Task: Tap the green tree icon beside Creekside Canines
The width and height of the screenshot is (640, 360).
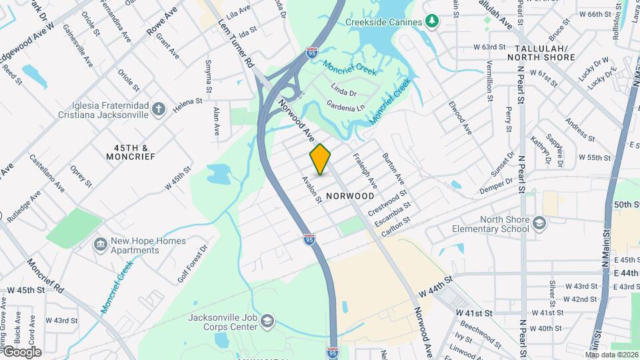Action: [x=433, y=21]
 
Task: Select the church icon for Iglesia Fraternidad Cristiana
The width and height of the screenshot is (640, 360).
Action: [x=158, y=109]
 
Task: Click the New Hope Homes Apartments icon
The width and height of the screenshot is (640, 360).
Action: [x=101, y=244]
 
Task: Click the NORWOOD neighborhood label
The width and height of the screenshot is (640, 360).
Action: [x=350, y=196]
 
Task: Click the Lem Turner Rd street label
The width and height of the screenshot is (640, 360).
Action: [x=237, y=43]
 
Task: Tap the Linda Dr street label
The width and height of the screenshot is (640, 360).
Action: [x=343, y=93]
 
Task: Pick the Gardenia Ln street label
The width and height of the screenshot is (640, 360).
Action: [x=345, y=107]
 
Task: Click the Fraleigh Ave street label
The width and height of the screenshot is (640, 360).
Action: [x=365, y=170]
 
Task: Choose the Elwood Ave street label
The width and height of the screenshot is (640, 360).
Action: [x=459, y=117]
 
